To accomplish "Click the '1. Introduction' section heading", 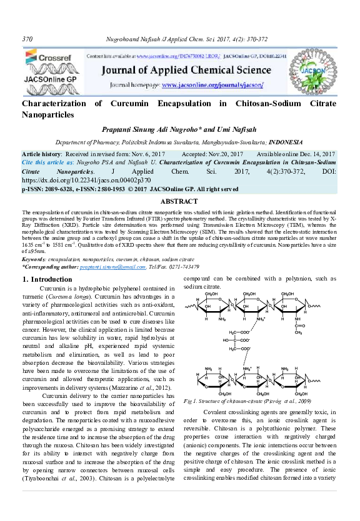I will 47,279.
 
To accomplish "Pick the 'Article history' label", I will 41,154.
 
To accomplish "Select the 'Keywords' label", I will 37,259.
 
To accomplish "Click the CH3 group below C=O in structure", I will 297,332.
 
